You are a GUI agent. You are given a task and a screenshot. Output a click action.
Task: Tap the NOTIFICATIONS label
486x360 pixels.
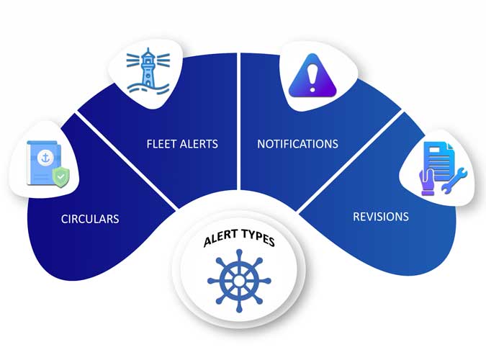click(297, 144)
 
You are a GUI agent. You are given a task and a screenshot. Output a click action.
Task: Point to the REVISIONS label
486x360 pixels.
click(381, 216)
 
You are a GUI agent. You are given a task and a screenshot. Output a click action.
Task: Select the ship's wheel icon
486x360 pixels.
click(239, 280)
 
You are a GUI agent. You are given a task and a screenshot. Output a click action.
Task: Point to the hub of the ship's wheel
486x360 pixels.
click(239, 280)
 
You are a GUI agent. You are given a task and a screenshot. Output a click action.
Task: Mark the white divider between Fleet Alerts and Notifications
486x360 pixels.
click(239, 130)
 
